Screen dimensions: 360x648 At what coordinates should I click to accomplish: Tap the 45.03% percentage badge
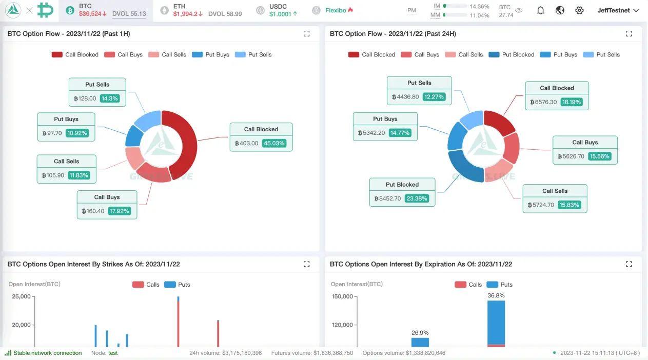point(274,143)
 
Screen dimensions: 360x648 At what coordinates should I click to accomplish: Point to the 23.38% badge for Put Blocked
point(416,198)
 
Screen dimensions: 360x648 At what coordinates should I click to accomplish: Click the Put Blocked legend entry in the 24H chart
point(512,54)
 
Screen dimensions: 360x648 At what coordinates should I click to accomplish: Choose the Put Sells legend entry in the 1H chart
point(253,54)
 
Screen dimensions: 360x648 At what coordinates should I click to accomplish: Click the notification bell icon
point(540,10)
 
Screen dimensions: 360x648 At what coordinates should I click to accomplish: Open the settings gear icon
point(579,10)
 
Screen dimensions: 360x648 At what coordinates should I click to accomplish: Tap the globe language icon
point(560,10)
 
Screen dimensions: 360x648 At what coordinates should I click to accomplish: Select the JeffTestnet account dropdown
point(618,10)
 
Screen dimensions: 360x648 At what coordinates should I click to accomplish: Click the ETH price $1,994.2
point(187,14)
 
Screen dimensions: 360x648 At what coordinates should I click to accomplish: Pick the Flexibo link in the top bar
point(336,10)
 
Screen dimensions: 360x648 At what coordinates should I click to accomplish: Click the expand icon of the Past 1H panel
point(306,34)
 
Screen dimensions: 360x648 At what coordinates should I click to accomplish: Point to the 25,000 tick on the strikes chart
point(22,296)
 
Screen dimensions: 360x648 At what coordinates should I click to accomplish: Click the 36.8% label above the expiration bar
point(496,295)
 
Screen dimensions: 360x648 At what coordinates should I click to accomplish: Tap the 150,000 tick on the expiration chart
point(342,296)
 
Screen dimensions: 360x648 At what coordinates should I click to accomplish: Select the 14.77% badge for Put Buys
point(400,133)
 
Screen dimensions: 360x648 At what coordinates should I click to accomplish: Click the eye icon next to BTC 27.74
point(519,10)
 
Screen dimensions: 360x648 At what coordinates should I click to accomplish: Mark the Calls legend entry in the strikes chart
point(146,285)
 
